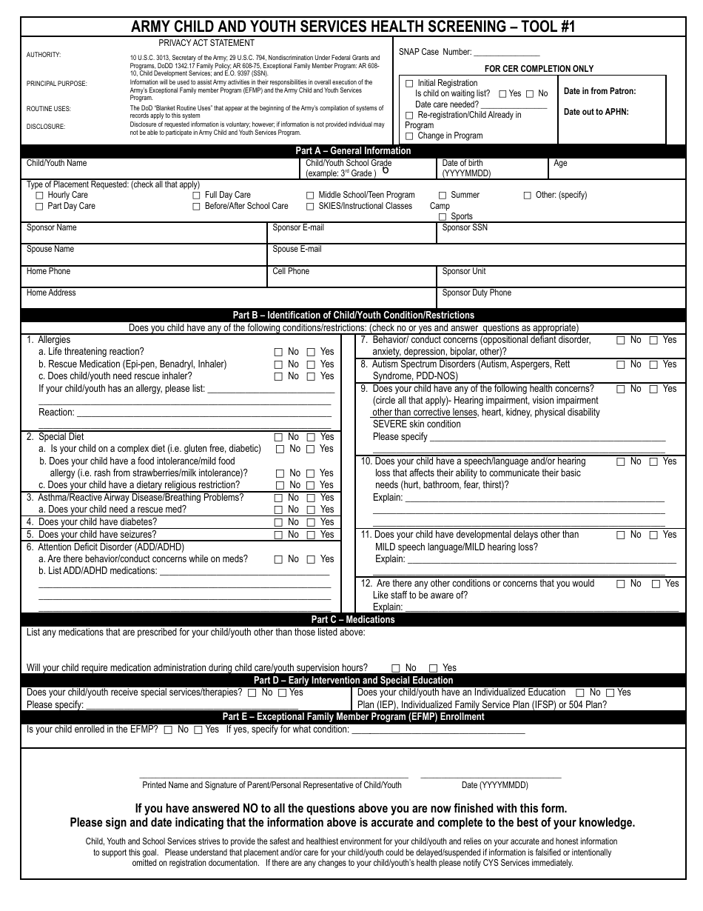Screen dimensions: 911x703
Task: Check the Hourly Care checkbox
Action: pyautogui.click(x=39, y=196)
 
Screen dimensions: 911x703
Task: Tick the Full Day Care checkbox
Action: pyautogui.click(x=197, y=196)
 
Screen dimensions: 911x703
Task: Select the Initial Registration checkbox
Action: pyautogui.click(x=409, y=84)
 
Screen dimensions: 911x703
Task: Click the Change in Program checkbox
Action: pyautogui.click(x=409, y=136)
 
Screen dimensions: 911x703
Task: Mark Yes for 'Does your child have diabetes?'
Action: pyautogui.click(x=311, y=522)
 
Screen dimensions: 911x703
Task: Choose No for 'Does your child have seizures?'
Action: pyautogui.click(x=278, y=535)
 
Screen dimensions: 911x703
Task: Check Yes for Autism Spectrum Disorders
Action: pyautogui.click(x=653, y=364)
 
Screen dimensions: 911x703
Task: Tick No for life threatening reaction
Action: pyautogui.click(x=278, y=353)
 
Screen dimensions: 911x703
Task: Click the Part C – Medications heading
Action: pyautogui.click(x=353, y=620)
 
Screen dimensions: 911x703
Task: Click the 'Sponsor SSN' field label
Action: pyautogui.click(x=465, y=228)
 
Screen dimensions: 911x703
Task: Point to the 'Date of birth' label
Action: pyautogui.click(x=462, y=163)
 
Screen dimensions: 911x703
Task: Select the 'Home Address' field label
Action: pyautogui.click(x=51, y=293)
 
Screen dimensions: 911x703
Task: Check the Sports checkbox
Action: pyautogui.click(x=443, y=217)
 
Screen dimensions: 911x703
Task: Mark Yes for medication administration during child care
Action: pyautogui.click(x=434, y=668)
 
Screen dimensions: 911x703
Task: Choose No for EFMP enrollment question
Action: pyautogui.click(x=168, y=730)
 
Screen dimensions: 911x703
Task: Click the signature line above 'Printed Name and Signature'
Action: pyautogui.click(x=272, y=776)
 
